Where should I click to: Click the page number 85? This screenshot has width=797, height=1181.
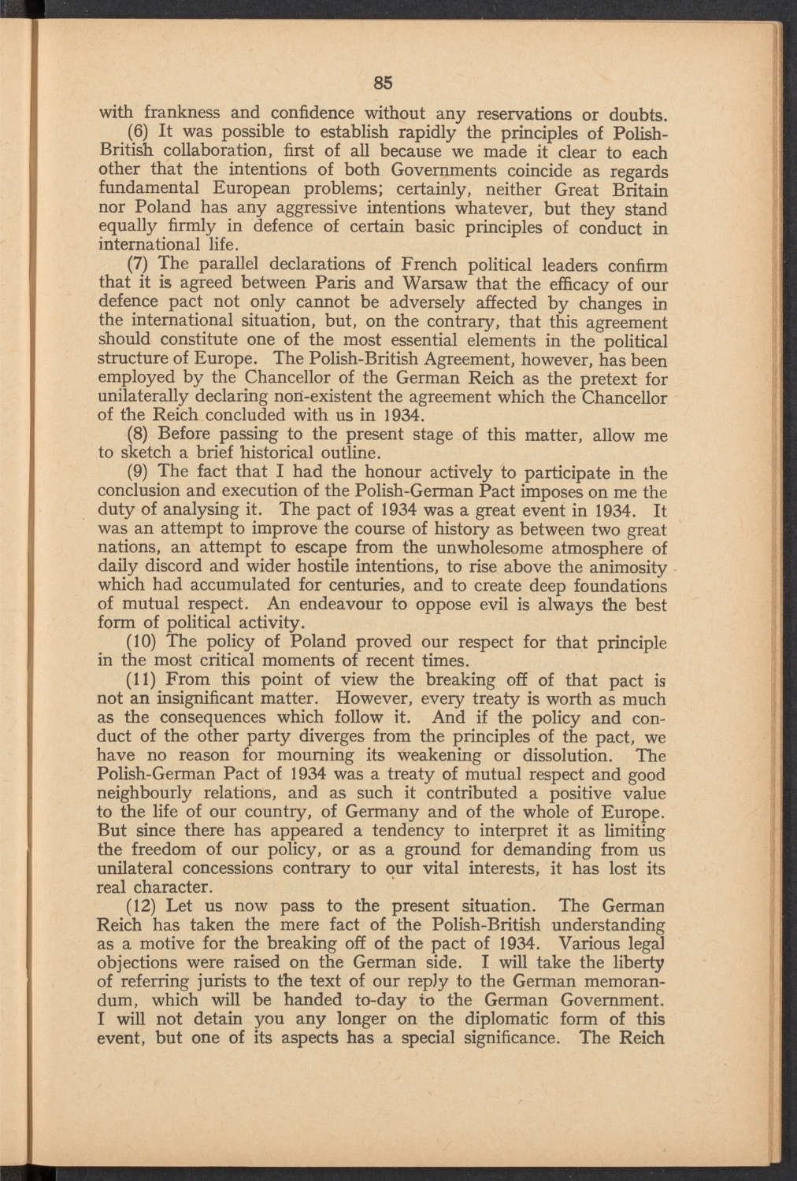coord(384,83)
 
